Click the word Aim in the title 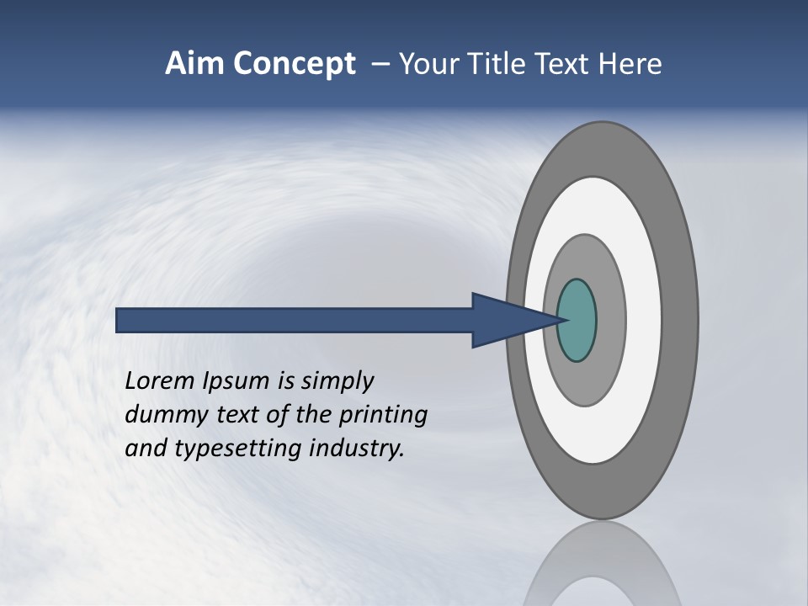pos(194,64)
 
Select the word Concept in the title pos(294,65)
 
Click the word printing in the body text pos(386,416)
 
